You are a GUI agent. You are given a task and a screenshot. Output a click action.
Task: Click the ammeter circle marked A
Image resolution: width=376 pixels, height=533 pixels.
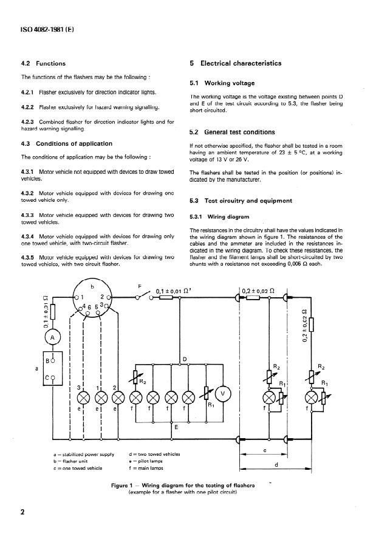(52, 336)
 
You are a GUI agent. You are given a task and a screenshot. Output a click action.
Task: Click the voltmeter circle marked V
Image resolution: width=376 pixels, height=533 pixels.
(223, 394)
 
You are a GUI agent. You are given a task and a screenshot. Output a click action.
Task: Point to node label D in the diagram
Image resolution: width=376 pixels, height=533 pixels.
(185, 360)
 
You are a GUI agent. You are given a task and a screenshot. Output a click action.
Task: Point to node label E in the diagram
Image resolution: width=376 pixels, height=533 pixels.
(176, 427)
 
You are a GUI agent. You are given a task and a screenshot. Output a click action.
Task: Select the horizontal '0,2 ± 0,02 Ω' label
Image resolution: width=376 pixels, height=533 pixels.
(258, 291)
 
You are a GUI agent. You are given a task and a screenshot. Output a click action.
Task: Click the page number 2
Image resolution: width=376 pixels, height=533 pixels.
(23, 512)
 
